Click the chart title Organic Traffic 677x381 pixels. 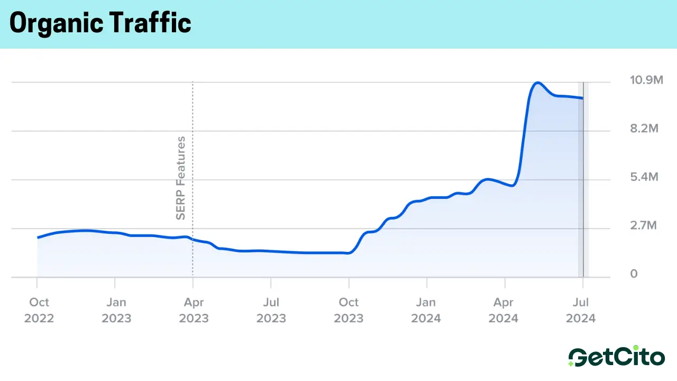100,23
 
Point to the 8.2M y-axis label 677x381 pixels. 644,129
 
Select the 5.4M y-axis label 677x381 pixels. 644,177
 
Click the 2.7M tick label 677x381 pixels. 643,226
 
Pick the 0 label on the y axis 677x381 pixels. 634,274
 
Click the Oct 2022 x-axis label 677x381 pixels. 39,310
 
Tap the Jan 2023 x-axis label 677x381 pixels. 116,310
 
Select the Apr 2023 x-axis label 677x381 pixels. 194,310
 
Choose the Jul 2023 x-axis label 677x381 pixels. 271,310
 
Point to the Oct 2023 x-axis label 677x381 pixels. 349,310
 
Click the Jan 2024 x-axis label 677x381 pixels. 426,310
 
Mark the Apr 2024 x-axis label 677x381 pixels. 504,310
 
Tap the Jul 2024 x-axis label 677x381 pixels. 581,310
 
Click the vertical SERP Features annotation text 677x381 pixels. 181,178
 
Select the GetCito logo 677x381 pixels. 616,357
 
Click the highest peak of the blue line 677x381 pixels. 537,83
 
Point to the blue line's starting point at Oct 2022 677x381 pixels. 38,238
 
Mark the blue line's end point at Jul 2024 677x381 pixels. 583,98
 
